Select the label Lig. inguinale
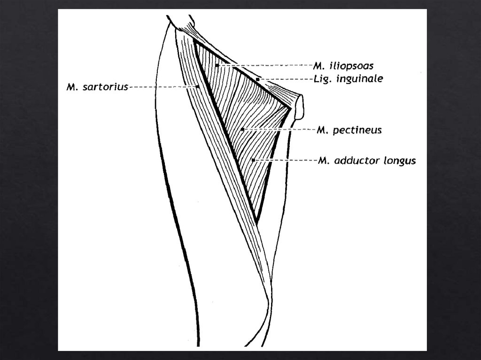click(x=348, y=79)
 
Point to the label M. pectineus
click(x=349, y=130)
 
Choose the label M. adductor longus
click(x=366, y=161)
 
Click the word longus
click(x=400, y=161)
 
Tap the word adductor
click(x=357, y=161)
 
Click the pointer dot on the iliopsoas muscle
click(x=217, y=65)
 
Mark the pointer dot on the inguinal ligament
click(x=258, y=79)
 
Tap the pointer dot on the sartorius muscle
click(x=198, y=87)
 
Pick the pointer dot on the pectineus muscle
click(x=242, y=129)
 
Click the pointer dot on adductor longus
click(x=253, y=161)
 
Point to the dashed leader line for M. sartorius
click(x=162, y=87)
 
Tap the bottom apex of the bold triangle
click(x=256, y=221)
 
